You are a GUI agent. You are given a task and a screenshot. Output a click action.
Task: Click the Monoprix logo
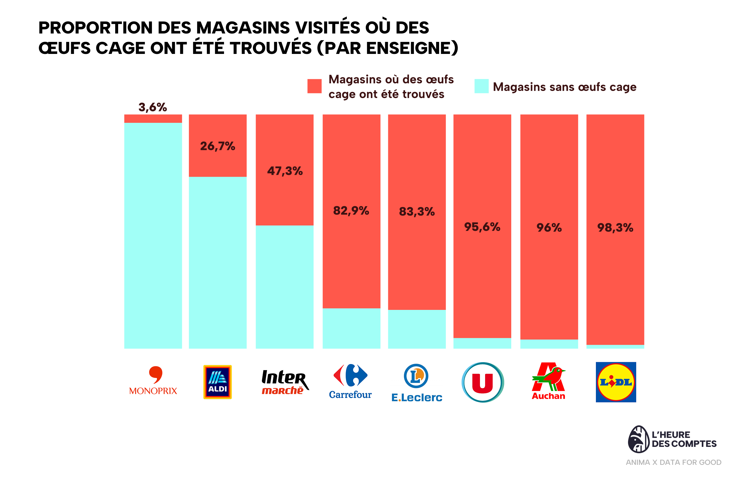(153, 380)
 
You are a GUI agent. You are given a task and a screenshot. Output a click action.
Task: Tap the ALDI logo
(217, 382)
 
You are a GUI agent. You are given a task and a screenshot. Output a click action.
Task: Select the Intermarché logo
(285, 382)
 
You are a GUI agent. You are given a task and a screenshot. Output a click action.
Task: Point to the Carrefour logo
(350, 381)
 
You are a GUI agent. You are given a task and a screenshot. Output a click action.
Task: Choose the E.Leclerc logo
(417, 383)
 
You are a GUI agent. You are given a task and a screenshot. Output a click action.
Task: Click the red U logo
(482, 382)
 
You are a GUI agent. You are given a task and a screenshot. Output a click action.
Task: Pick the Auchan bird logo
(549, 381)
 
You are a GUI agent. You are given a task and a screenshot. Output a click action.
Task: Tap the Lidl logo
(616, 382)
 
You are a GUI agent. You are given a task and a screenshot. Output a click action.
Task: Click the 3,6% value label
(152, 107)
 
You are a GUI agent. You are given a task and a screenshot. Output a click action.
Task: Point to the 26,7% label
(218, 146)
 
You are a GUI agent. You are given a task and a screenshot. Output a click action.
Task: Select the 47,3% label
(285, 171)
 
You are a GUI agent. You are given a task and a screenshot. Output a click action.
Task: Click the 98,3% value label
(615, 228)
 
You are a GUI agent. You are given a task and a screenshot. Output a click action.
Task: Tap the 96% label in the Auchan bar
(549, 228)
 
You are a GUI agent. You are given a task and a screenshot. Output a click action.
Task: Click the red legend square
(314, 86)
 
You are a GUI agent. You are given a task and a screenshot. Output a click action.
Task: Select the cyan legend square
(481, 86)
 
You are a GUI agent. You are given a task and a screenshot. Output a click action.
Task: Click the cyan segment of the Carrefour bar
(351, 328)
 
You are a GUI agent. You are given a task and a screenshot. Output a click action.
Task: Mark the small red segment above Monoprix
(153, 118)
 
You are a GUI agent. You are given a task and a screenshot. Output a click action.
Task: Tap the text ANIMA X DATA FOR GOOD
(673, 462)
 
